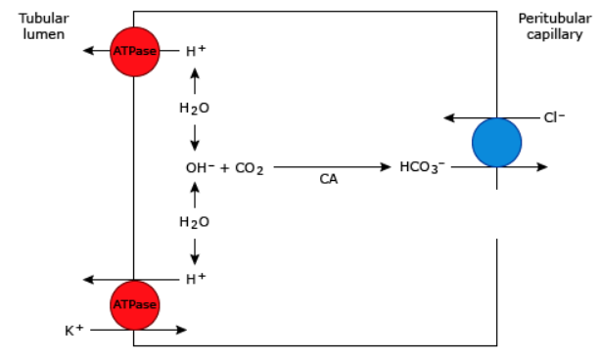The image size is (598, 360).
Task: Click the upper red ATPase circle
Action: coord(134,52)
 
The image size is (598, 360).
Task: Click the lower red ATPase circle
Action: coord(134,304)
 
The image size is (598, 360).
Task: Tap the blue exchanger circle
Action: coord(496,143)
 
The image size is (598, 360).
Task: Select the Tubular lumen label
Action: coord(41,26)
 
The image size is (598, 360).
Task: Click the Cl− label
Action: coord(554,118)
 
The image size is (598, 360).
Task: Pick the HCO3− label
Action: coord(422,167)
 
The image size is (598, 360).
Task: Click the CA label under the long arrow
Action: coord(329,180)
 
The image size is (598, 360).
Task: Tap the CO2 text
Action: coord(250,168)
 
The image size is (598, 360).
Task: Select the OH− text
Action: coord(200,168)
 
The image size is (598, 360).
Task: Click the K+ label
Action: coord(72,331)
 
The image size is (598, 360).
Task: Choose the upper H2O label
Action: coord(194,109)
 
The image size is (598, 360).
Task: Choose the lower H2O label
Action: coord(194,222)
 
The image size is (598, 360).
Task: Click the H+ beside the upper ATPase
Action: coord(195,52)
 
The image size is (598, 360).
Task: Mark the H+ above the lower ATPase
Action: coord(195,279)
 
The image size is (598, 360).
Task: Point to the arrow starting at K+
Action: coord(137,331)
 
